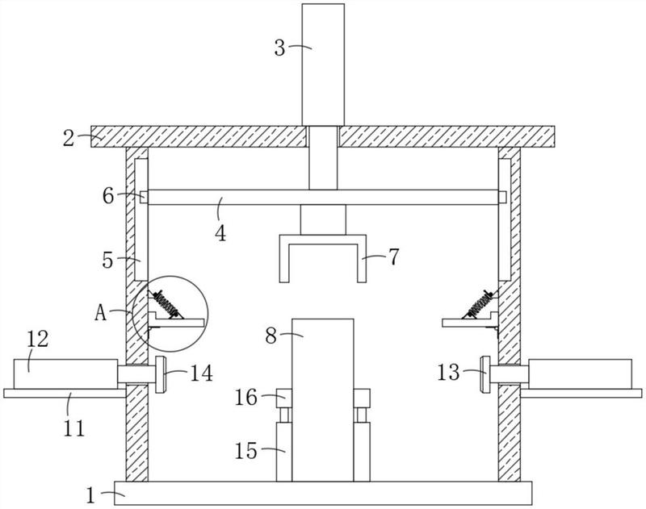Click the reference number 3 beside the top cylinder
pos(279,48)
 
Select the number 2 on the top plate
pos(69,138)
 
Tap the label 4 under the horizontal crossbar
pos(220,234)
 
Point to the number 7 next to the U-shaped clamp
pos(394,257)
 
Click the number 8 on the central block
pos(271,336)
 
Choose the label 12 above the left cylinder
pos(38,339)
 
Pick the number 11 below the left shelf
pos(74,428)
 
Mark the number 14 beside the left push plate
pos(201,373)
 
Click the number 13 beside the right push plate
pos(448,373)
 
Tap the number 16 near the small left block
pos(246,398)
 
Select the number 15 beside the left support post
pos(246,451)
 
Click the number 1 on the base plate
pos(90,495)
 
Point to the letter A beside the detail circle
pos(100,313)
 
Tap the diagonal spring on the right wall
pos(479,304)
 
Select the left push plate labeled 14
pos(160,374)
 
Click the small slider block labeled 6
pos(144,197)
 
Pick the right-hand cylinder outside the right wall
pos(580,373)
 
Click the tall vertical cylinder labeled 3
pos(323,65)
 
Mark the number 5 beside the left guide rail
pos(107,261)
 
